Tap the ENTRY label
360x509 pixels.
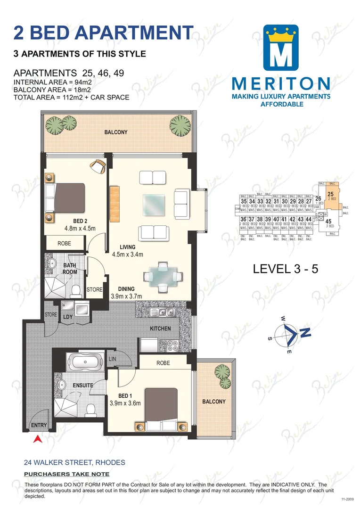coord(39,426)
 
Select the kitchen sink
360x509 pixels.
coord(161,312)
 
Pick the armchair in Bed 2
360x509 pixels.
coord(98,167)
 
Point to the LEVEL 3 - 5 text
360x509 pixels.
coord(286,269)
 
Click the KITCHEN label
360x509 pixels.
coord(160,328)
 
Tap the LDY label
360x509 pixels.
coord(68,317)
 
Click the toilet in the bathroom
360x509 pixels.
coord(75,289)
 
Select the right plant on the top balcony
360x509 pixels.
coord(179,123)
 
